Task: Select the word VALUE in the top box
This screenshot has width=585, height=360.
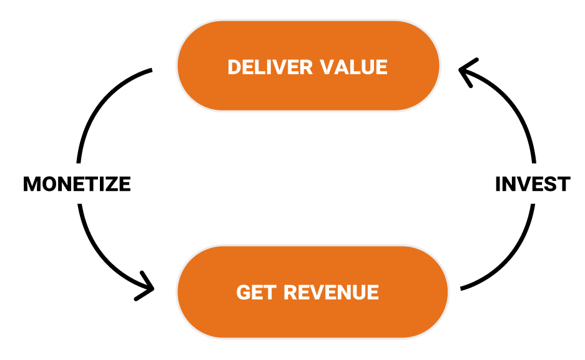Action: [353, 67]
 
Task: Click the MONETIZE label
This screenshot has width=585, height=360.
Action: [77, 185]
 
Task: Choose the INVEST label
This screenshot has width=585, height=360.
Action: [532, 185]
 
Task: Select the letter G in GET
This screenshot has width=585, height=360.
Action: [243, 292]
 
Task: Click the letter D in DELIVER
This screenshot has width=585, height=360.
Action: [235, 67]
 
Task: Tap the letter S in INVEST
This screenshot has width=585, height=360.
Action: [549, 185]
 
